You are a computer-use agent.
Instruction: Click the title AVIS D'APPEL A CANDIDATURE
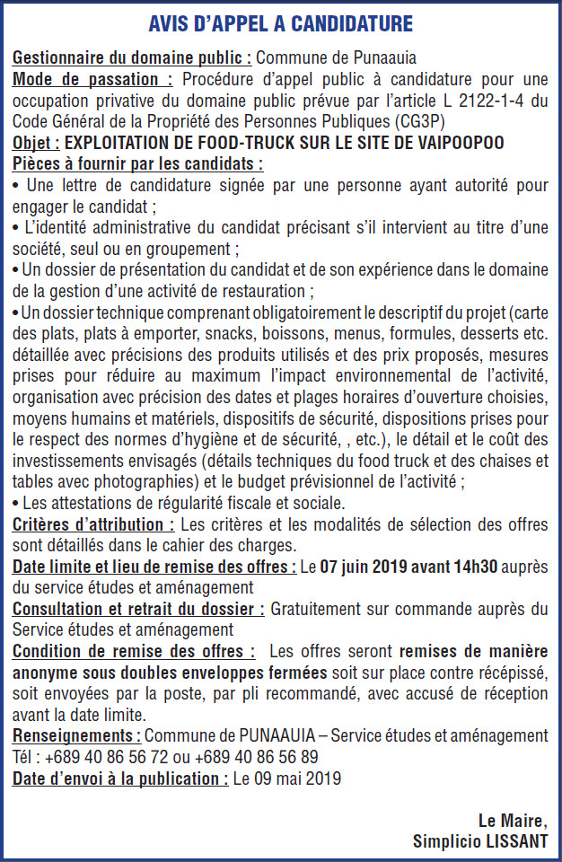click(281, 22)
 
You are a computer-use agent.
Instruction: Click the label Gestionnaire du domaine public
click(132, 57)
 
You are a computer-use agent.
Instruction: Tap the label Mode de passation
click(92, 78)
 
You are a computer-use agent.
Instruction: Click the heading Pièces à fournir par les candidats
click(138, 164)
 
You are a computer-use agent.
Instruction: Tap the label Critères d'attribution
click(93, 524)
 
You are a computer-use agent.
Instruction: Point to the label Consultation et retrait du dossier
click(138, 609)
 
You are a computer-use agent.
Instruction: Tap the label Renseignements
click(76, 735)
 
